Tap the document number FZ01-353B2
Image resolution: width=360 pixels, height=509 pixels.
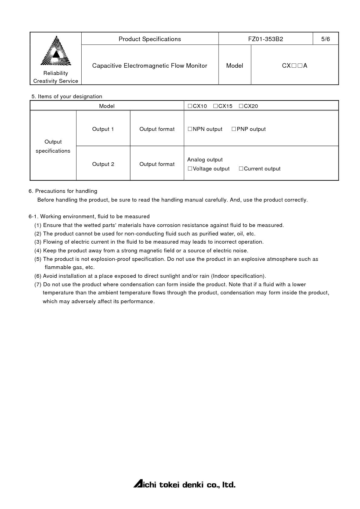pos(265,39)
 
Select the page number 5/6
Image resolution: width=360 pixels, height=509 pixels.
pos(326,39)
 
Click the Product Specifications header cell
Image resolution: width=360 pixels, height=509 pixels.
pos(150,39)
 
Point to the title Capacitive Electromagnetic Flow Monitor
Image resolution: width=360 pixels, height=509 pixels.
pos(150,66)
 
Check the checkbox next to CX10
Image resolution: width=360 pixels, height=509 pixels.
pos(190,106)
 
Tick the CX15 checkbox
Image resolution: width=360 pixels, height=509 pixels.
pos(215,106)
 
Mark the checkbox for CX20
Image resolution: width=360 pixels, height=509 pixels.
pos(241,106)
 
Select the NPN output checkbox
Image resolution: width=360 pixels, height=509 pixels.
pos(190,129)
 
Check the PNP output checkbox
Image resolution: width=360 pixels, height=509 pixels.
pos(234,129)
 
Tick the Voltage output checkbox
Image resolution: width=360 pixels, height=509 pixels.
pos(190,169)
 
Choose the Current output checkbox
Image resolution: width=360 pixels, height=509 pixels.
pos(241,169)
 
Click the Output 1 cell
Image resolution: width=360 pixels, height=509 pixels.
pos(103,129)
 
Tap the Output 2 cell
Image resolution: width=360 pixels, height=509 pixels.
pos(103,164)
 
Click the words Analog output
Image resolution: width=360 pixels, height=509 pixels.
pos(205,160)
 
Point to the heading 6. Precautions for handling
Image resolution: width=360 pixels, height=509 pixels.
pos(63,191)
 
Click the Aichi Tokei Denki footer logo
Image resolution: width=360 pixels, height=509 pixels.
pos(184,484)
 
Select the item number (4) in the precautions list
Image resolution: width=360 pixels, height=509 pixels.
pos(38,251)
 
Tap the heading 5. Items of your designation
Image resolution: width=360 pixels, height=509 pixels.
pos(67,96)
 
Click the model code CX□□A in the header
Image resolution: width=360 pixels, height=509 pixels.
pos(294,66)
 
